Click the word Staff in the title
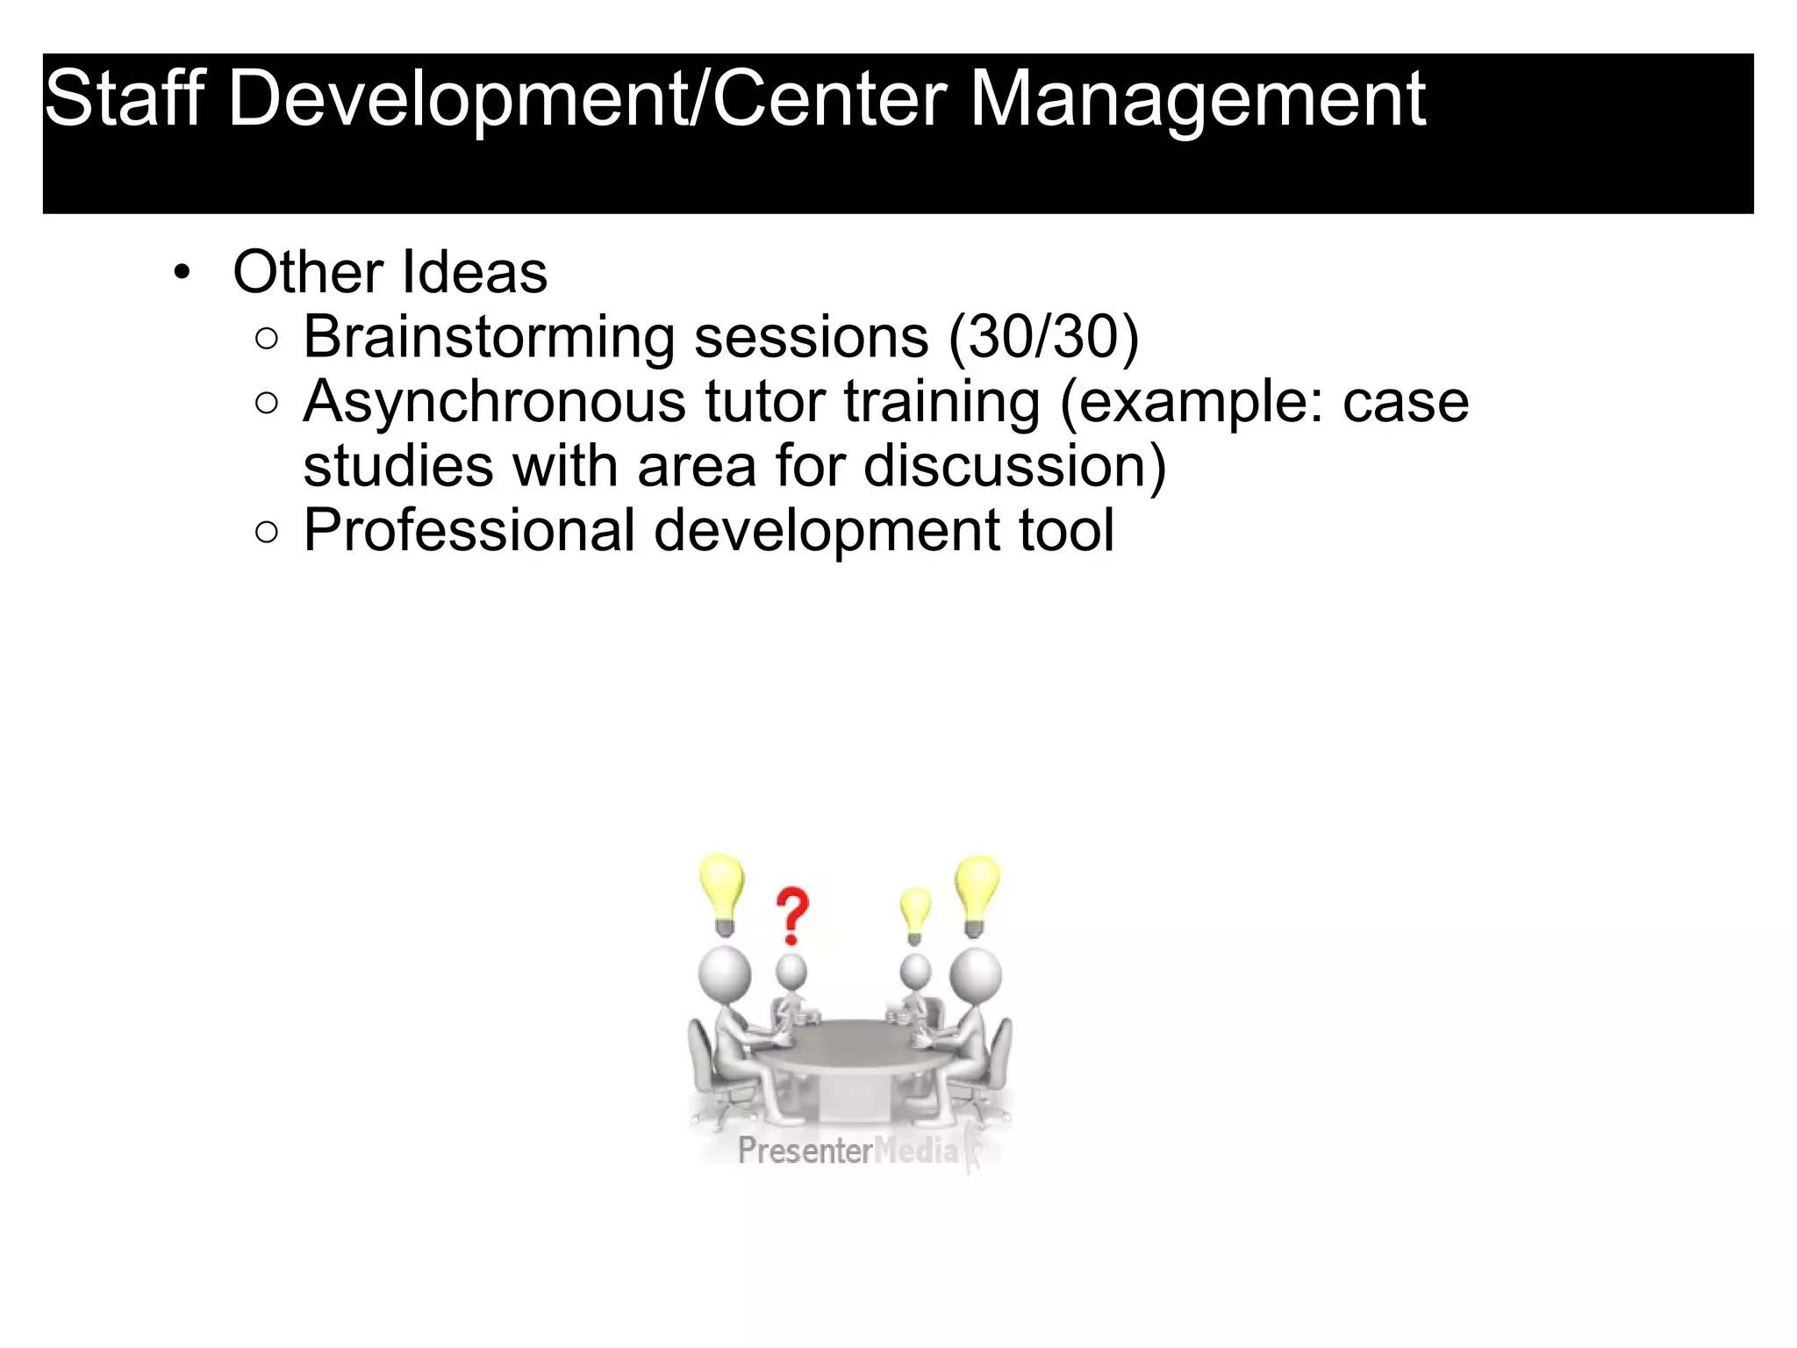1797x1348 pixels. click(x=124, y=98)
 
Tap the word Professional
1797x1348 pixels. click(x=469, y=531)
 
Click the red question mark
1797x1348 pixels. click(x=791, y=915)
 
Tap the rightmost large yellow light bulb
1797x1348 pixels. click(x=977, y=893)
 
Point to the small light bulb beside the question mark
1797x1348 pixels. click(x=915, y=914)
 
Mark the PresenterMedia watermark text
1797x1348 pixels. click(x=848, y=1150)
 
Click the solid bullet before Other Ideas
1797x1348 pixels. click(x=182, y=273)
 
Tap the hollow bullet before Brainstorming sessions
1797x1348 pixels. click(x=267, y=340)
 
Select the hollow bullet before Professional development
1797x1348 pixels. click(x=267, y=533)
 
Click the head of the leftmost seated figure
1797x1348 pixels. click(x=724, y=973)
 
